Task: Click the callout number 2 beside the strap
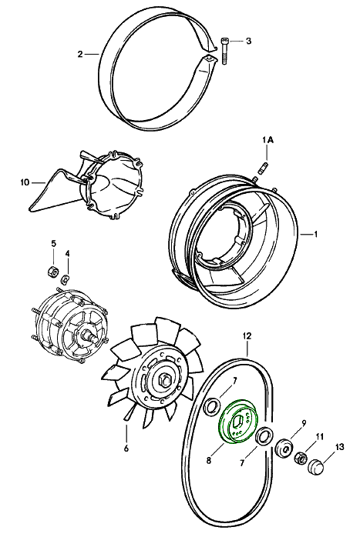coord(80,54)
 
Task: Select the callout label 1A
coord(267,140)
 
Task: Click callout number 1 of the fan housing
coord(315,234)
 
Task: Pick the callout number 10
coord(25,182)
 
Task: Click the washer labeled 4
coord(66,279)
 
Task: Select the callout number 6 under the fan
coord(126,448)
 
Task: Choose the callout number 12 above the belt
coord(247,335)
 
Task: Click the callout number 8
coord(209,461)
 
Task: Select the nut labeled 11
coord(301,457)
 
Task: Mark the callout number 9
coord(304,424)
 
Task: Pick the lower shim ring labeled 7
coord(264,437)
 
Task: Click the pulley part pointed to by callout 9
coord(284,447)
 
